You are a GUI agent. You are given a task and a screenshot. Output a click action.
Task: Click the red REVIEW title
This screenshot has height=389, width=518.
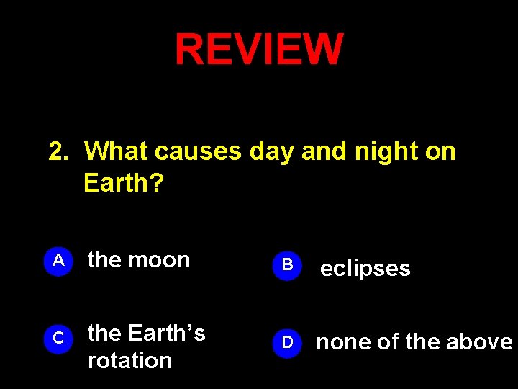pyautogui.click(x=259, y=49)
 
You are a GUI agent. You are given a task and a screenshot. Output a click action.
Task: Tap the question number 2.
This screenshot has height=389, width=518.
pyautogui.click(x=58, y=152)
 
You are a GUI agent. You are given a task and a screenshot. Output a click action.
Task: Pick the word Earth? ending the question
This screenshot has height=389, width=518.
pyautogui.click(x=124, y=184)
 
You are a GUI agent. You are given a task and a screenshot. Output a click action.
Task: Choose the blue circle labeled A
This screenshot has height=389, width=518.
pyautogui.click(x=60, y=261)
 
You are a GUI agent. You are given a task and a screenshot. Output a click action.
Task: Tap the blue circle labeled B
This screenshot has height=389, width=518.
pyautogui.click(x=287, y=265)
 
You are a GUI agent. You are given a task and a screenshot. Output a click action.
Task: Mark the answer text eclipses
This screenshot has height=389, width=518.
pyautogui.click(x=365, y=269)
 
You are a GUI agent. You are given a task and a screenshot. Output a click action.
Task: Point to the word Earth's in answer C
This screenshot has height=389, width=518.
pyautogui.click(x=166, y=334)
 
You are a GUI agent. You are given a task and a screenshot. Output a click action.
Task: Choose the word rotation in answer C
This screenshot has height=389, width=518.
pyautogui.click(x=129, y=360)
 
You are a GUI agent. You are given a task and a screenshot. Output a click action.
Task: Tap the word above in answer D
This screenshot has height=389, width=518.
pyautogui.click(x=483, y=342)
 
